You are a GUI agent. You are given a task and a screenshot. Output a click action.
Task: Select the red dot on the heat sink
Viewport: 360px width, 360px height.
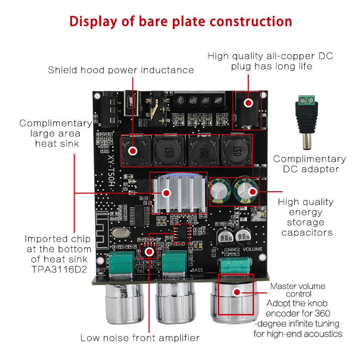tap(166, 193)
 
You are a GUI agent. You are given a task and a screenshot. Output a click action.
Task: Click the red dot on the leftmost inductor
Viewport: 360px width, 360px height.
tap(133, 150)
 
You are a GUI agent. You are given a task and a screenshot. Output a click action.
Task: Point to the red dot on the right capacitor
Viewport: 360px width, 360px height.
tap(252, 192)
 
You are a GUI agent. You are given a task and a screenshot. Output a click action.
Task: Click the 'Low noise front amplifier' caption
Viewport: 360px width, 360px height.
tap(139, 337)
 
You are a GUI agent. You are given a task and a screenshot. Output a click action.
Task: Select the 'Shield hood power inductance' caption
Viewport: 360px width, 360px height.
tap(121, 70)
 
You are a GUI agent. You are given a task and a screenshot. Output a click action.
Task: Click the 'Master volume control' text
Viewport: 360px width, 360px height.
tap(297, 290)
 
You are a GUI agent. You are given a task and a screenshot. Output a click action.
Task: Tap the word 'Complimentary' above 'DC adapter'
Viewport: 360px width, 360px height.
tap(310, 159)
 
